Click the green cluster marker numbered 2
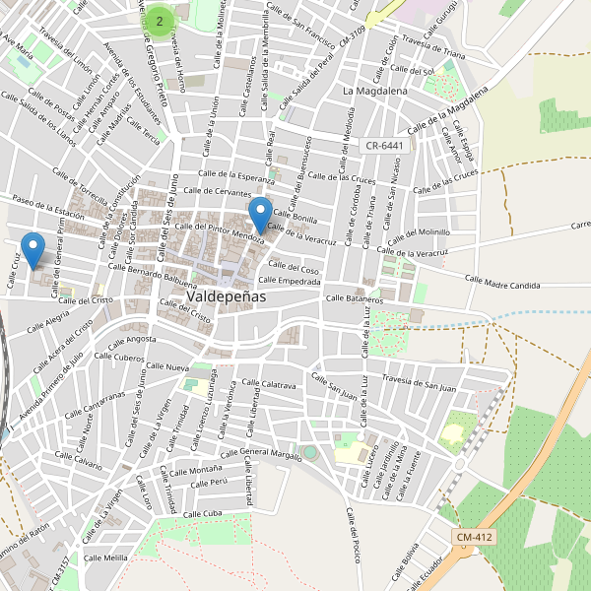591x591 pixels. pos(160,20)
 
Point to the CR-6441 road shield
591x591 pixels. pos(384,145)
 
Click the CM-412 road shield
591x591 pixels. pos(475,537)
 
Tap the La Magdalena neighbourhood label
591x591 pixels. pos(375,91)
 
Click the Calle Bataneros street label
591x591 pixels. pos(355,297)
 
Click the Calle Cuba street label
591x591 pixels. pos(204,514)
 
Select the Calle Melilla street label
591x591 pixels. pos(106,558)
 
